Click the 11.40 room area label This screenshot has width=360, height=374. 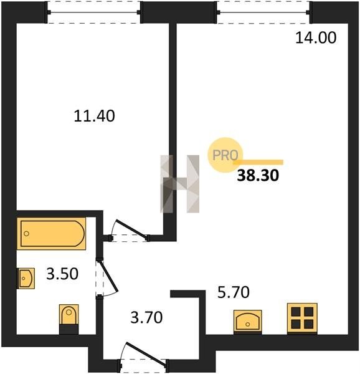point(94,116)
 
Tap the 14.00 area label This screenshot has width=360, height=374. point(316,37)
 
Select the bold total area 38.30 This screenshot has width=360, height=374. point(258,175)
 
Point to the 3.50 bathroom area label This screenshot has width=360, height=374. point(62,274)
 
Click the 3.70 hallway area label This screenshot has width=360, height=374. point(146,317)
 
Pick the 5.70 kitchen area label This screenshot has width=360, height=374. point(234,292)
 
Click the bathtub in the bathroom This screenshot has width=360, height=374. point(52,234)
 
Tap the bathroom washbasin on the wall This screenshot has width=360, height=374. point(26,279)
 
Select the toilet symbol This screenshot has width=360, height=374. point(69,319)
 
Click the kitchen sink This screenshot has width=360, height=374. point(248,322)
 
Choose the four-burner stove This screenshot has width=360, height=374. point(302,318)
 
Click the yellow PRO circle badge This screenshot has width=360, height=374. point(225,155)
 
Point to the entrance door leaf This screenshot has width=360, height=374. point(146,353)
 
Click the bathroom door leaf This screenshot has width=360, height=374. point(109,276)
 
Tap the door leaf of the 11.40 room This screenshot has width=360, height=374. point(131,228)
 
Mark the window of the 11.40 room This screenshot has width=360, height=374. point(93,12)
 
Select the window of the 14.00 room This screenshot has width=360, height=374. point(263,12)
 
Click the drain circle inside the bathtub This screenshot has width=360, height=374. point(26,234)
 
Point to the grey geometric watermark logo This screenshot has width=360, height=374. point(179,184)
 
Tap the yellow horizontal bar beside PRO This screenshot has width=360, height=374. point(258,162)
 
